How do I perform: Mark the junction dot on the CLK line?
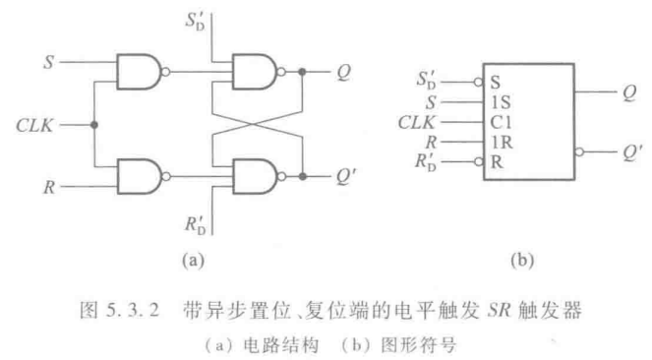point(93,126)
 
